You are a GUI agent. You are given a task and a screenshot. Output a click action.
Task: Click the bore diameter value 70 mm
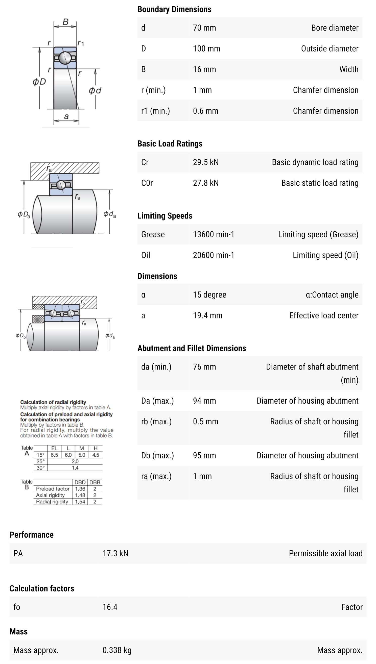coord(204,28)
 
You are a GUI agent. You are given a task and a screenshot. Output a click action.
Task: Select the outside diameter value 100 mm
coord(206,48)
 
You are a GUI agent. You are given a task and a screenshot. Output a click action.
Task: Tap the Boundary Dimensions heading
coord(174,9)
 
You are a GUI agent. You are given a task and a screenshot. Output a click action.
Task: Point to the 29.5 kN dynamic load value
coord(205,162)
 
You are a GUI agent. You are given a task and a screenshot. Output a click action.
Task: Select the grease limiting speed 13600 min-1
coord(213,234)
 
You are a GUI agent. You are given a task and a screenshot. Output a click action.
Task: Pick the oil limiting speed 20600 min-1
coord(213,255)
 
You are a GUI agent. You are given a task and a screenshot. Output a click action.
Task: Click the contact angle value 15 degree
coord(209,295)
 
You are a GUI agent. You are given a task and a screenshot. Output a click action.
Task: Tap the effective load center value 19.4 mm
coord(207,315)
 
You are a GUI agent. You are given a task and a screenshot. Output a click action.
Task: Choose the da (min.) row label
coord(156,367)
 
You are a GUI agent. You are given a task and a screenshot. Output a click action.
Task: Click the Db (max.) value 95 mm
coord(204,455)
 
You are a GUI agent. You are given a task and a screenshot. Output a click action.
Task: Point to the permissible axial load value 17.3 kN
coord(115,553)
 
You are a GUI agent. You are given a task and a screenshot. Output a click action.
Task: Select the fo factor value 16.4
coord(110,607)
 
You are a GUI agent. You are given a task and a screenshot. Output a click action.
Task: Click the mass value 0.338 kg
coord(117,650)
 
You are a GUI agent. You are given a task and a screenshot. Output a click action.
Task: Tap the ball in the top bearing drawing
coord(65,58)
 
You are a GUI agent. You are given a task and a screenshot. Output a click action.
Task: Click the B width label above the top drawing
coord(66,22)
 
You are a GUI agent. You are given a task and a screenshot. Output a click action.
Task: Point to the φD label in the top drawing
coord(39,82)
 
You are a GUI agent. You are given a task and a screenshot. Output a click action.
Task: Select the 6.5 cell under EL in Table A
coord(54,455)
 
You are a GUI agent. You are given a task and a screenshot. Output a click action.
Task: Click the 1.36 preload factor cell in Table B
coord(80,489)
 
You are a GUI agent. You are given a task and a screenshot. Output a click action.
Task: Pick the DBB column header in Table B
coord(95,482)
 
